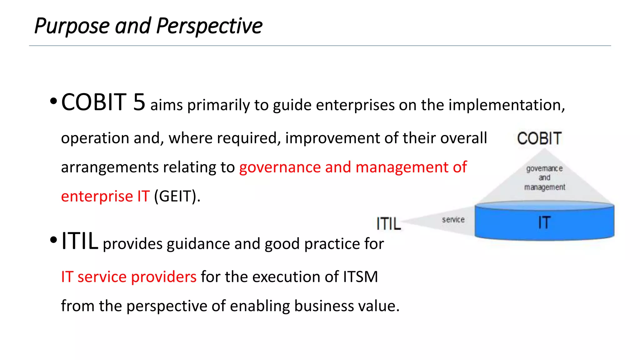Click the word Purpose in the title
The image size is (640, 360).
[71, 26]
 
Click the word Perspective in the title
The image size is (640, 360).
[209, 26]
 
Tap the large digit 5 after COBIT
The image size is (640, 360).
[139, 102]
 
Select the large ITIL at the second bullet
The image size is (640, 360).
[80, 241]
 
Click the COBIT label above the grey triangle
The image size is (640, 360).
[539, 138]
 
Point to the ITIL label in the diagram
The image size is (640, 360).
[388, 224]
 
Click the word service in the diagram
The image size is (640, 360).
[453, 220]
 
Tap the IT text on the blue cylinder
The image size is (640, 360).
[544, 223]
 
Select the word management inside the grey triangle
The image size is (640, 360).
[545, 187]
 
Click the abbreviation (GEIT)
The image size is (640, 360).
[177, 196]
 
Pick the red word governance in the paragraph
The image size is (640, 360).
[280, 167]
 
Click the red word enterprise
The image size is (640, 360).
[97, 197]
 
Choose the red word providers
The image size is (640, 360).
[164, 277]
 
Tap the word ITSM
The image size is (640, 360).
[360, 277]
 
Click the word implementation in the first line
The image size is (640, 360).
[507, 105]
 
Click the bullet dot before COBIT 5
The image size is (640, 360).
[53, 101]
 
